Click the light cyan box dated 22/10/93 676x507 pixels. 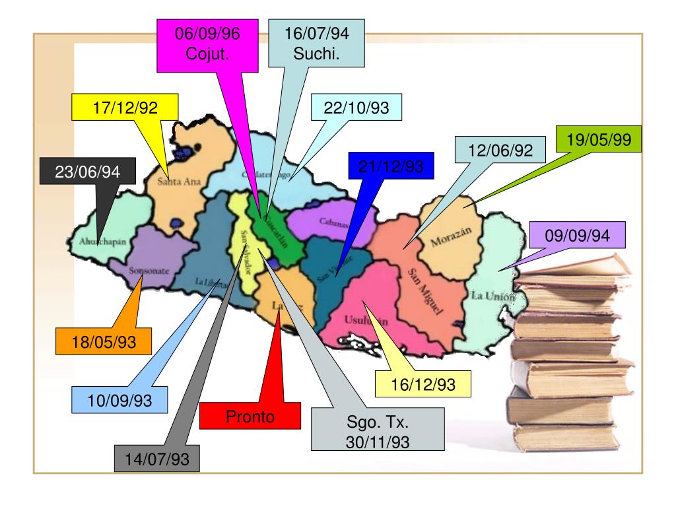click(x=357, y=108)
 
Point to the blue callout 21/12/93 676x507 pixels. click(x=392, y=166)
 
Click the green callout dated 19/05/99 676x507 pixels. click(x=598, y=140)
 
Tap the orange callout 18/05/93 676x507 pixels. click(x=104, y=341)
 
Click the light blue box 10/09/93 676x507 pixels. click(x=119, y=400)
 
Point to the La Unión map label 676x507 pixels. click(x=492, y=296)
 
